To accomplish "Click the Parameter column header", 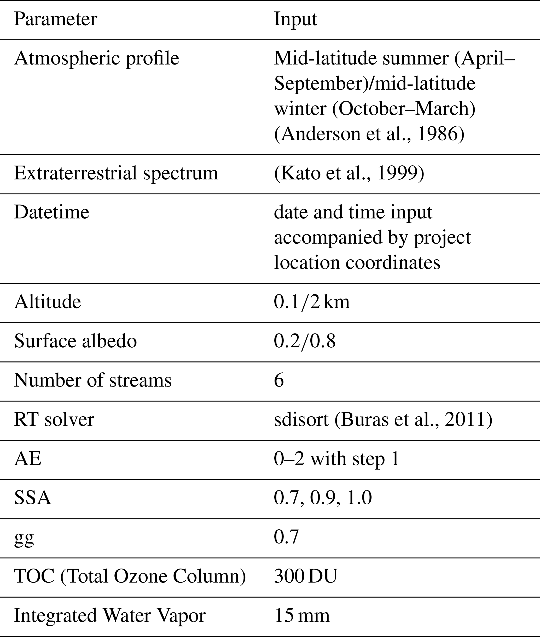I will click(55, 19).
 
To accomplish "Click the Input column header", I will click(295, 19).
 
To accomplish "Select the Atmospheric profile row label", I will click(96, 58).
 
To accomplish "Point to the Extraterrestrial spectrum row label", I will click(116, 173).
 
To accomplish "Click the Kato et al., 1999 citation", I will click(349, 173).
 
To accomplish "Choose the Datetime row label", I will click(51, 212).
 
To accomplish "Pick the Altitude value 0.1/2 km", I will click(311, 302).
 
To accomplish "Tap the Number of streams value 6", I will click(279, 380).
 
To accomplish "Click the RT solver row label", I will click(54, 419).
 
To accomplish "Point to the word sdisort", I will click(301, 419).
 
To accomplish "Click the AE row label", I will click(27, 459).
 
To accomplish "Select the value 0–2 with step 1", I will click(337, 459).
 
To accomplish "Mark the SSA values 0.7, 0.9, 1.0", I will click(323, 498).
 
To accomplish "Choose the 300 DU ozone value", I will click(305, 576).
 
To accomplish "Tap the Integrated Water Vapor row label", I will click(109, 616).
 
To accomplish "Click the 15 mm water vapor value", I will click(302, 616).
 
